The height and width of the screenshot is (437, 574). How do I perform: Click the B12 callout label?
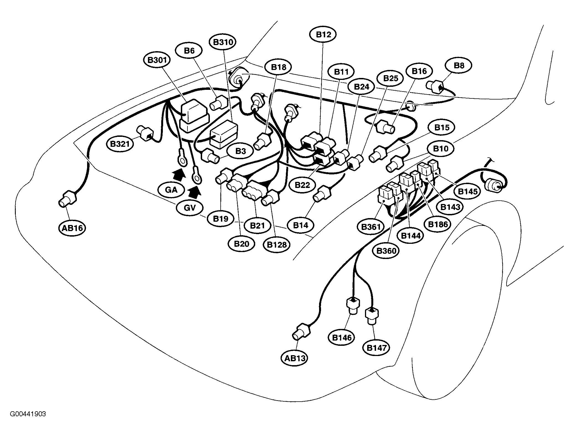tap(323, 35)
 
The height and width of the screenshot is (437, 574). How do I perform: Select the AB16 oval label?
tap(72, 228)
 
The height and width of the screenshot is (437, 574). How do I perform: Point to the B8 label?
tap(459, 65)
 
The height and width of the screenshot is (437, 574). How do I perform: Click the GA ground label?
tap(171, 190)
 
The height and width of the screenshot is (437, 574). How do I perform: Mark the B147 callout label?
tap(376, 347)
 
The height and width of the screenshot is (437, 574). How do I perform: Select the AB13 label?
tap(295, 358)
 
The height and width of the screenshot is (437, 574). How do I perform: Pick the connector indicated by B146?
tap(353, 306)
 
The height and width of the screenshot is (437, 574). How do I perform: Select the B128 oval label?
tap(277, 244)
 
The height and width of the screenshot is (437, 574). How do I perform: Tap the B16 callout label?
tap(419, 71)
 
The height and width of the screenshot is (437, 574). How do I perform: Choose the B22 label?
tap(302, 185)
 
